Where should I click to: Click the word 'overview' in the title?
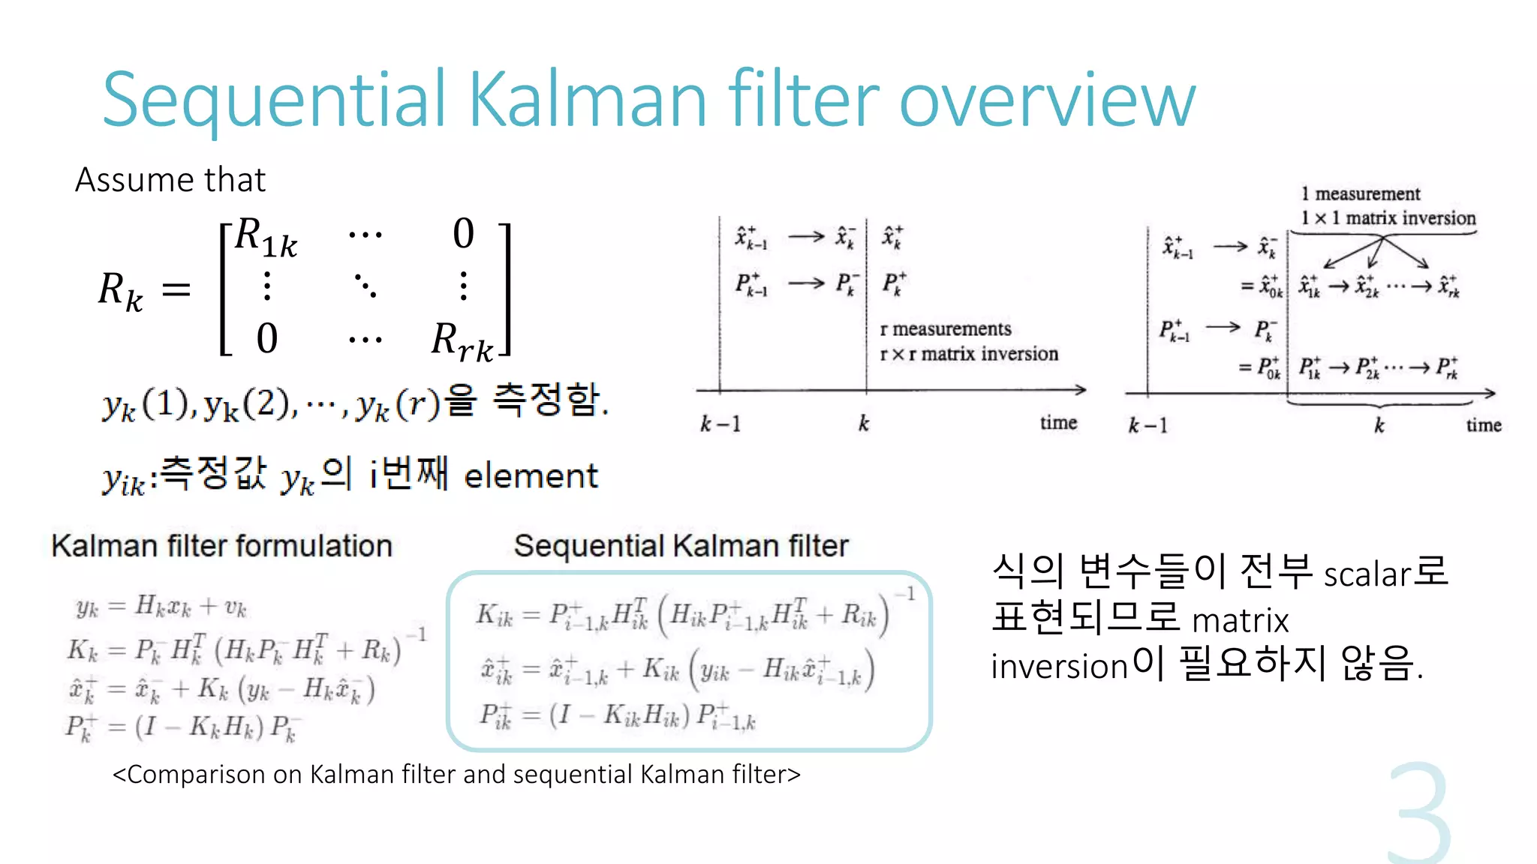[x=1046, y=100]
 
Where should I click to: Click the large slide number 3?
[x=1418, y=814]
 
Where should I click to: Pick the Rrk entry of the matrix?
[x=462, y=342]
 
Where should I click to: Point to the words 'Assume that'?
[x=170, y=180]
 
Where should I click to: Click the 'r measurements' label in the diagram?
[x=945, y=329]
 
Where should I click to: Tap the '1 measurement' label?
[x=1360, y=194]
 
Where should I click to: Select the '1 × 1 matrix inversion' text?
[x=1388, y=218]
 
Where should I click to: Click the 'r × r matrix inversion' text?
[x=968, y=354]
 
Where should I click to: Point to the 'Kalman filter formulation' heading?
[x=221, y=546]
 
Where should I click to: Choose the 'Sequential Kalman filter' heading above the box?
[x=681, y=546]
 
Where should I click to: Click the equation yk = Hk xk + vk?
[x=161, y=606]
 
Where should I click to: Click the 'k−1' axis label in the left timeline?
[x=720, y=424]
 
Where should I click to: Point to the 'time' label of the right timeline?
[x=1484, y=425]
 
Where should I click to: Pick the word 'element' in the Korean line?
[x=531, y=477]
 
